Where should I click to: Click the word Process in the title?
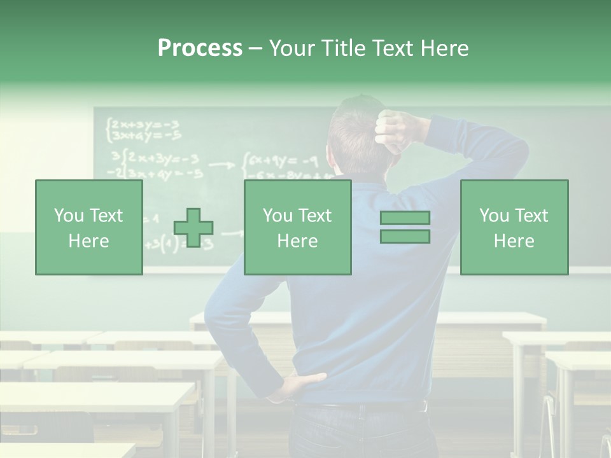(200, 48)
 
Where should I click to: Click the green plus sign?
(193, 228)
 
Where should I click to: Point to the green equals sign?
(405, 227)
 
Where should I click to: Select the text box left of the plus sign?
(89, 227)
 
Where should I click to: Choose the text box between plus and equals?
(297, 227)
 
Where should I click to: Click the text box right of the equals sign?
(514, 227)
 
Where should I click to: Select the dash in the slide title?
(255, 48)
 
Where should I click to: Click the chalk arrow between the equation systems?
(221, 165)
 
